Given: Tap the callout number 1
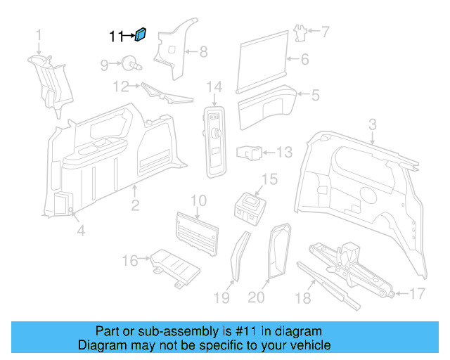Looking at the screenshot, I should pos(39,34).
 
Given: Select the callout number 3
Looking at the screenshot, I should pos(373,124).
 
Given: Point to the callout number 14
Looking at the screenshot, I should pos(214,86).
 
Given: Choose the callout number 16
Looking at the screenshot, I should pos(130,262).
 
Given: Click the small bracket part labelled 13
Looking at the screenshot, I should pos(251,152).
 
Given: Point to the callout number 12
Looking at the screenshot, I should pos(122,86).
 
